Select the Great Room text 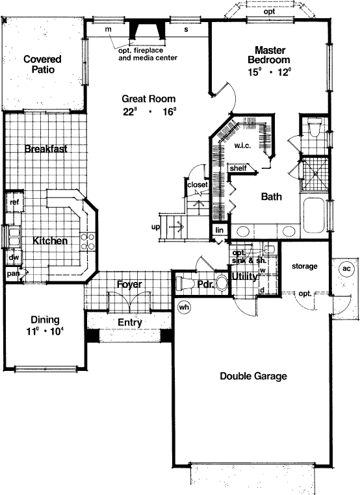149,99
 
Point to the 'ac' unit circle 346,269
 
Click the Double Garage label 253,375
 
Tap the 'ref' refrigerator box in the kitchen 14,202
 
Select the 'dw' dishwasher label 12,257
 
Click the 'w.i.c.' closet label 242,146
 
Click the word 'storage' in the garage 304,266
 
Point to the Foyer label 129,285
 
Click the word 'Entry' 129,322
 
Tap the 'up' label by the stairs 155,227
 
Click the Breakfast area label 46,149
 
